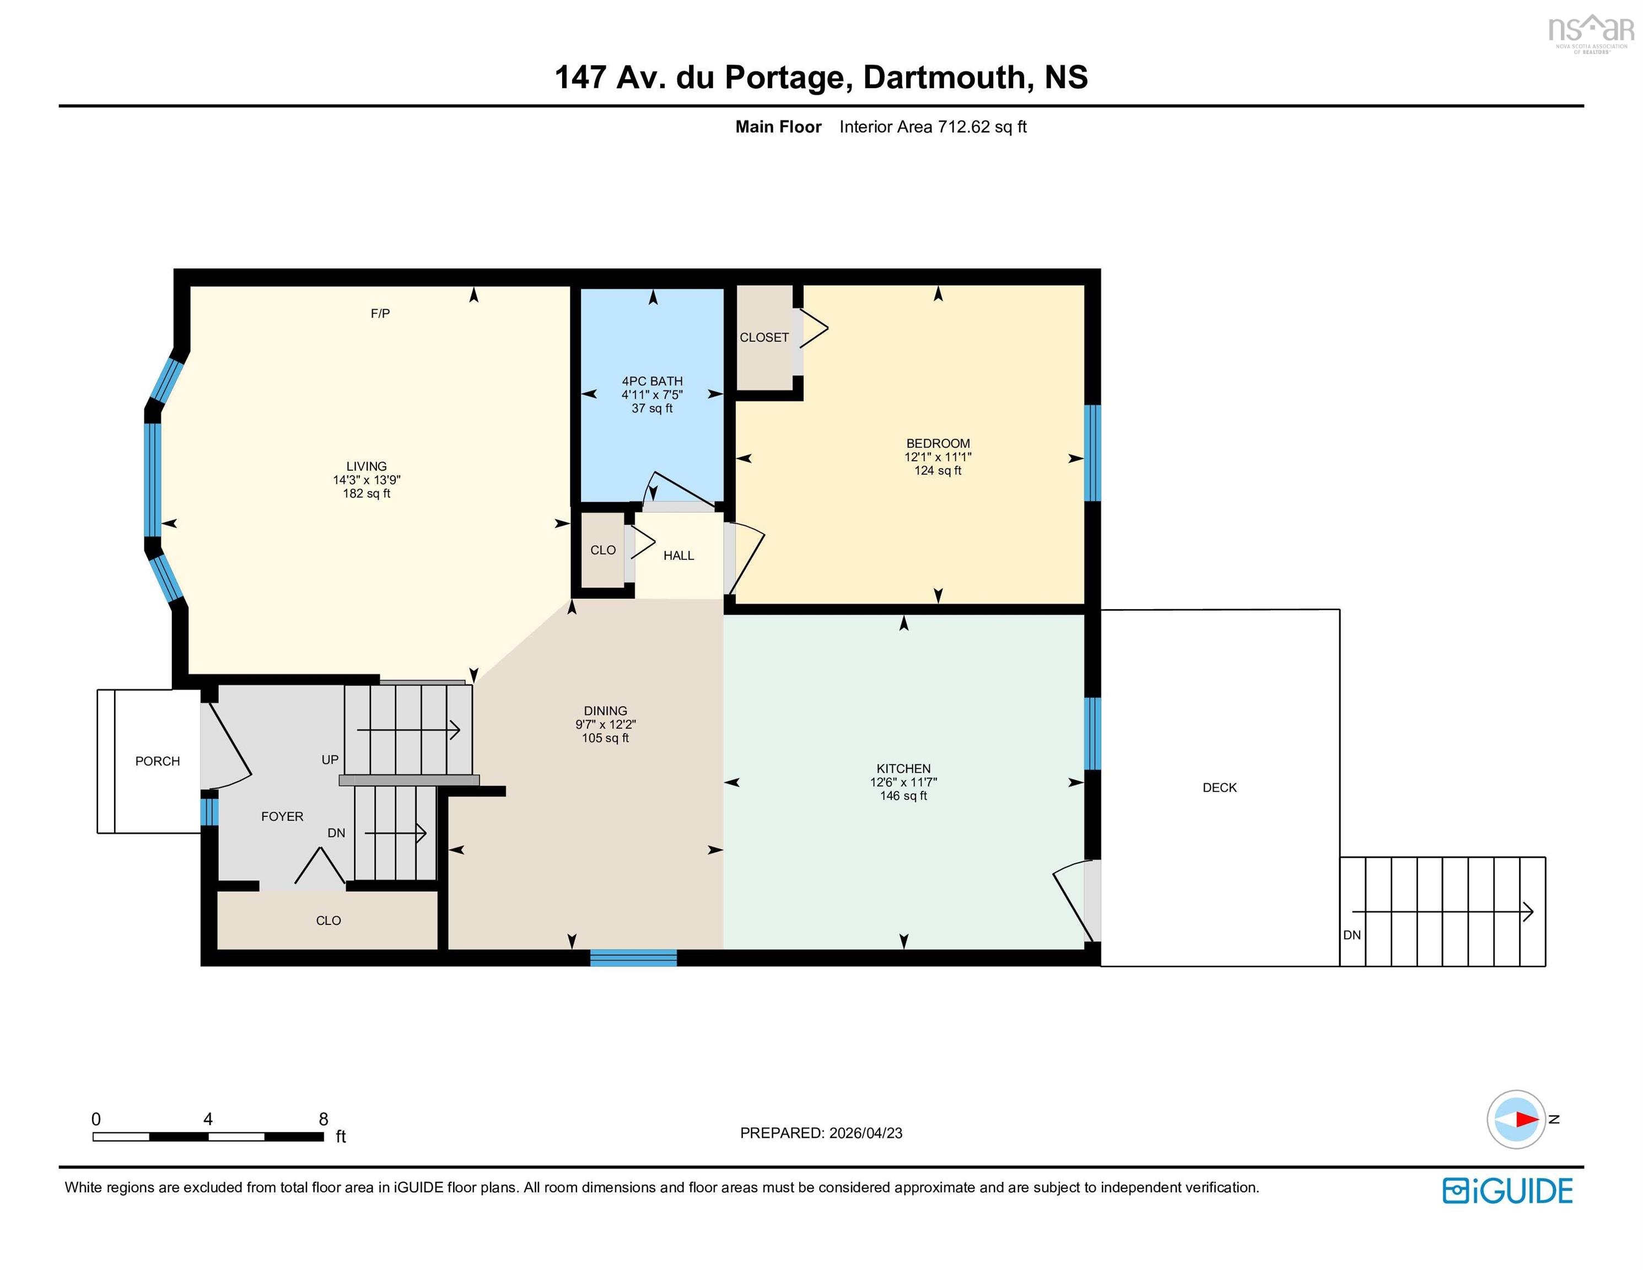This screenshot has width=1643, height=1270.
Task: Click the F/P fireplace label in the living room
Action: [x=380, y=314]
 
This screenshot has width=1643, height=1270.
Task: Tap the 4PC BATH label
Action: [x=651, y=381]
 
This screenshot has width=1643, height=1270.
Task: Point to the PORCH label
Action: [x=157, y=761]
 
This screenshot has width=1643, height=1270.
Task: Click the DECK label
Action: [x=1219, y=788]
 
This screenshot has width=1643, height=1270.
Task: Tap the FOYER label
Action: [x=282, y=816]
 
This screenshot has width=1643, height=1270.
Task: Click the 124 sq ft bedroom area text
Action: [x=938, y=471]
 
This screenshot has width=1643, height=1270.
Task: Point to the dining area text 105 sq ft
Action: [x=605, y=738]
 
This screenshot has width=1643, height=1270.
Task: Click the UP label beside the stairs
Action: [x=330, y=760]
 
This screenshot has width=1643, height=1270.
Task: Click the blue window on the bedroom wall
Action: [x=1092, y=453]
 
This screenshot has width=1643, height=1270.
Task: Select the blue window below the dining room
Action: [x=633, y=958]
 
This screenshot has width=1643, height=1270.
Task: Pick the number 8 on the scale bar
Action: [x=324, y=1119]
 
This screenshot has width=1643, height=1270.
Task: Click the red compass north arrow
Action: [x=1526, y=1120]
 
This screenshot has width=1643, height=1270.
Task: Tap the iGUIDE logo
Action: [x=1507, y=1191]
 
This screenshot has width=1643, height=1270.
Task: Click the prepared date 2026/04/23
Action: [x=865, y=1133]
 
